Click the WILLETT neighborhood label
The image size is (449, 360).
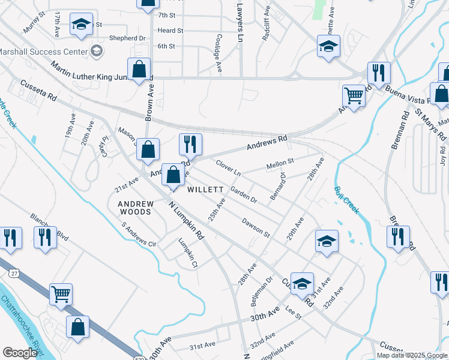[205, 190]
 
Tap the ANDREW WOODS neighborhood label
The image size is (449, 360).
[136, 208]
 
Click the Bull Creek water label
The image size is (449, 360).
[346, 200]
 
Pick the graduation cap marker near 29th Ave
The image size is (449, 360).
[327, 241]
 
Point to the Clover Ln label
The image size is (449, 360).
[228, 167]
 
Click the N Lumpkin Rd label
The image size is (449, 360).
[187, 219]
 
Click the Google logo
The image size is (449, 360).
[20, 353]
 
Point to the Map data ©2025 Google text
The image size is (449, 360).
[412, 355]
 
